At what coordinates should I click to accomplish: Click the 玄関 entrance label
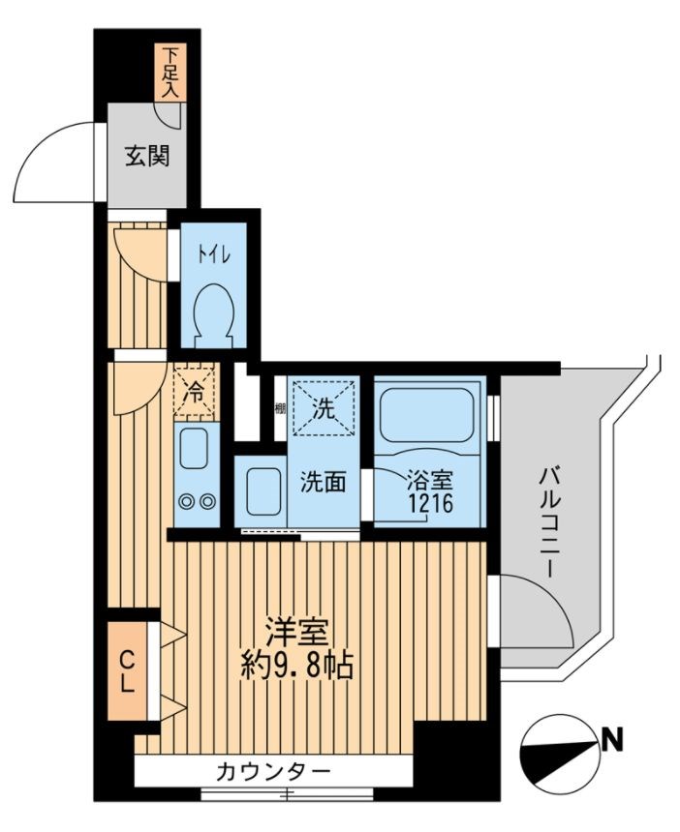[x=147, y=155]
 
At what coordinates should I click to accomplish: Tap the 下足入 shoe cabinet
[x=170, y=74]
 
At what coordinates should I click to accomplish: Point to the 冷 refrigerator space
[x=196, y=393]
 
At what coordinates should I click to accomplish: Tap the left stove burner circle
[x=186, y=501]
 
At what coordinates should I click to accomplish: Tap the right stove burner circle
[x=206, y=501]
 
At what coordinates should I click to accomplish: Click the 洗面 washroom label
[x=322, y=482]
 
